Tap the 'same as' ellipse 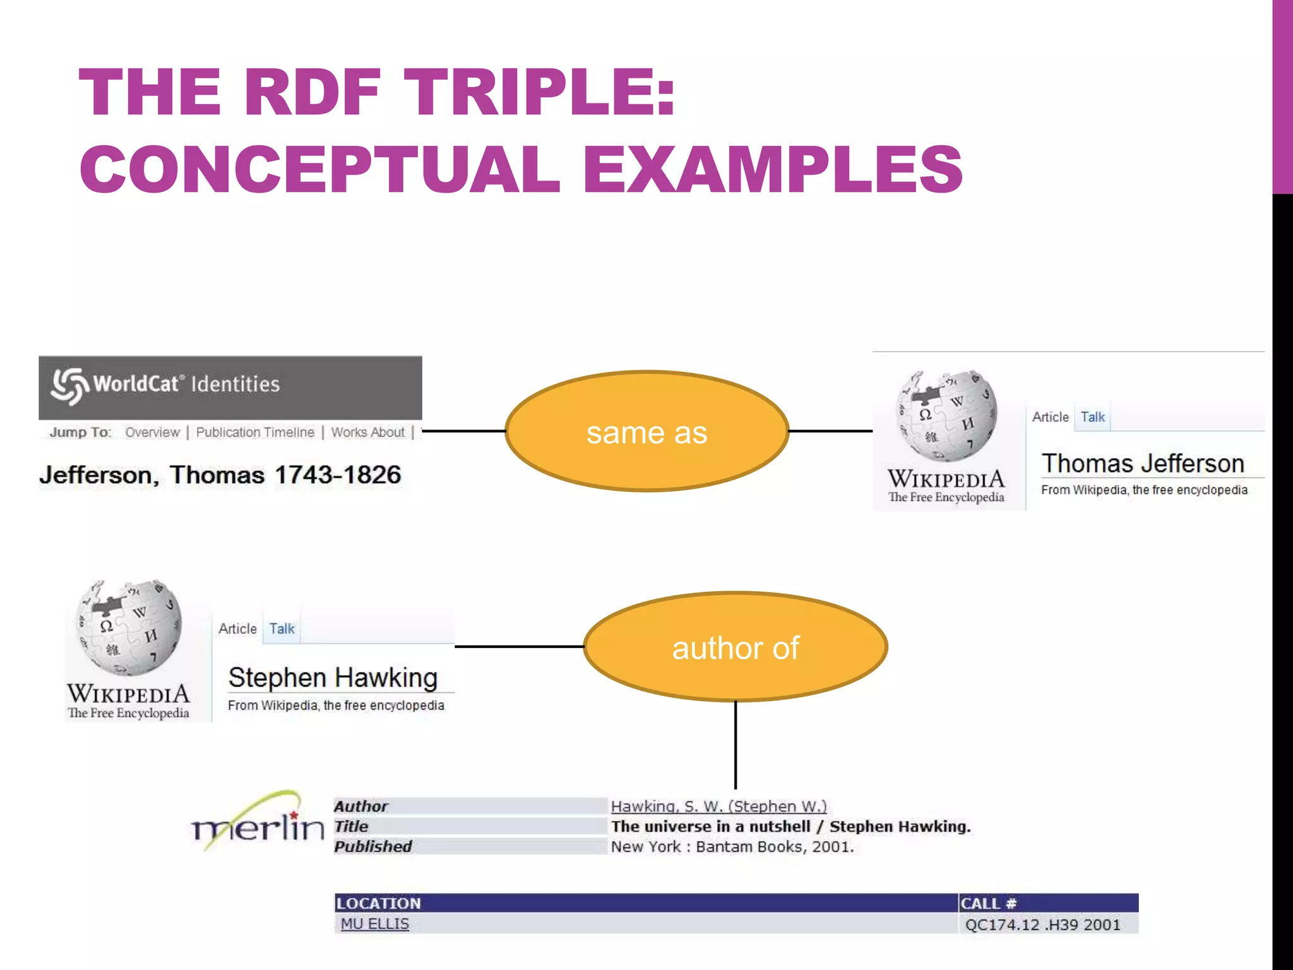[x=646, y=431]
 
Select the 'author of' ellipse [x=736, y=647]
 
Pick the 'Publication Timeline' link [x=255, y=433]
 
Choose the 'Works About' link [x=367, y=433]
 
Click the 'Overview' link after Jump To [x=152, y=433]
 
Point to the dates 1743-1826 [x=338, y=475]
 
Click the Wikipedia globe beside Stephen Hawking [x=129, y=628]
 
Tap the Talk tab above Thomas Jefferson [x=1092, y=417]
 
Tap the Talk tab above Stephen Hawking [x=282, y=629]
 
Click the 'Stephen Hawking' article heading [x=333, y=678]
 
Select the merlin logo [x=258, y=822]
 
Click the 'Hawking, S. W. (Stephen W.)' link [x=718, y=806]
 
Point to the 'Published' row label [x=372, y=847]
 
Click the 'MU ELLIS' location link [x=374, y=924]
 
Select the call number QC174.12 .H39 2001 [x=1042, y=925]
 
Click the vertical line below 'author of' [x=736, y=745]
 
